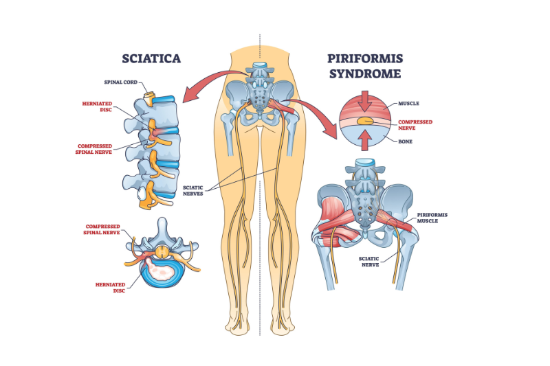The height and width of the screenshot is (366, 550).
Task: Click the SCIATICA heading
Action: coord(151,58)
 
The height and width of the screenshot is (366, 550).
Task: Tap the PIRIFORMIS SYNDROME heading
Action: coord(366,65)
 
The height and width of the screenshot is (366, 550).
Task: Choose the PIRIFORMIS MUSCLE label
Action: coord(432,218)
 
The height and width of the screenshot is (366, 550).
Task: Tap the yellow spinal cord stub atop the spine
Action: coord(147,95)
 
